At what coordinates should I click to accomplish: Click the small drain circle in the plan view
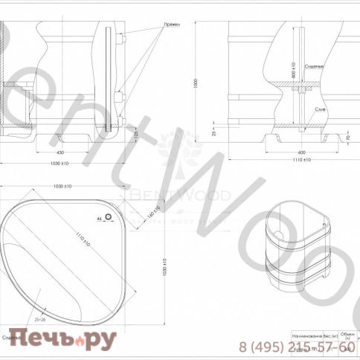109,217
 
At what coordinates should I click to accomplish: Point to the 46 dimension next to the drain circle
98,219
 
